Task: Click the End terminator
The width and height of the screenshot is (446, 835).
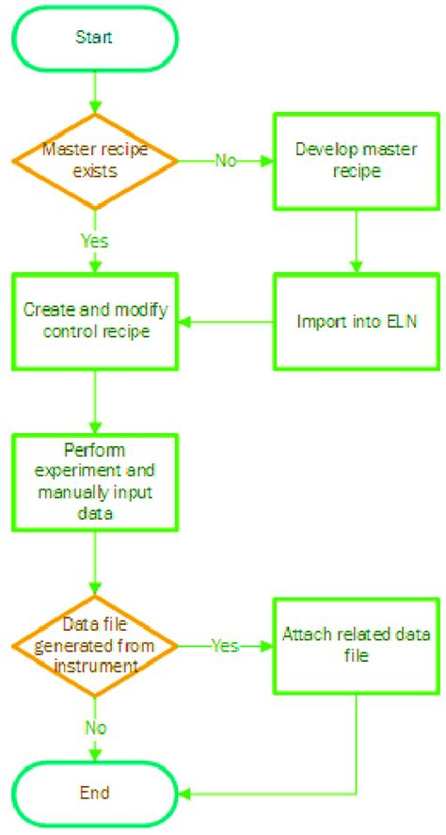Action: click(95, 790)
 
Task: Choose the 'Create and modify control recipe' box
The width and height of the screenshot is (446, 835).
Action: click(95, 322)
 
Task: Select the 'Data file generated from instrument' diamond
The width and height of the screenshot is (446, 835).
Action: click(95, 645)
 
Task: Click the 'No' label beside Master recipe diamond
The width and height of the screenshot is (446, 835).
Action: click(225, 159)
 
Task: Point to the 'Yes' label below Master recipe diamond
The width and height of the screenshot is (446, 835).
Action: click(95, 241)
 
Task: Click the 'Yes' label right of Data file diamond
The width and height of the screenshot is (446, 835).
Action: click(225, 646)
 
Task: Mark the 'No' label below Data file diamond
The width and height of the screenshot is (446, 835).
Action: click(95, 727)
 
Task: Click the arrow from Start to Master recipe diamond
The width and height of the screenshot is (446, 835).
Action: click(95, 91)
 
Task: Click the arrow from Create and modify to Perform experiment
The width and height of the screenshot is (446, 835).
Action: click(95, 400)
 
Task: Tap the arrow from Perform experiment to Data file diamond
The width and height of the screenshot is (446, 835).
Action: click(95, 563)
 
